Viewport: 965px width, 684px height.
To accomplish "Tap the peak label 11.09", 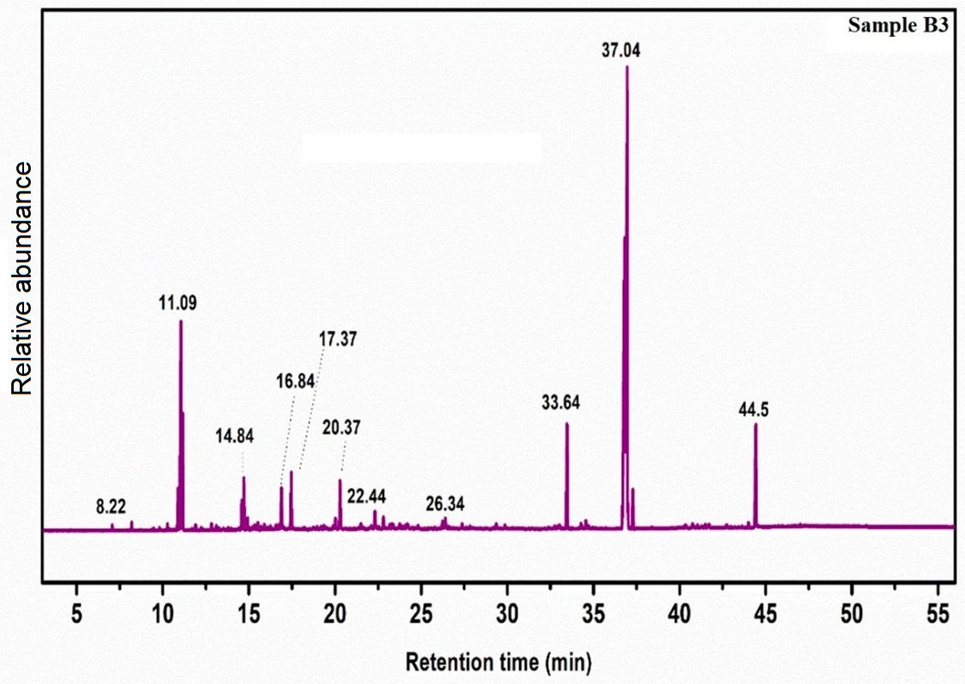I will pyautogui.click(x=178, y=303).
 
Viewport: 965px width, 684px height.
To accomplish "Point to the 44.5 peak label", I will pyautogui.click(x=754, y=410).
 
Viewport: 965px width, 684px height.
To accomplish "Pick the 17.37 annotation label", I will pyautogui.click(x=338, y=340).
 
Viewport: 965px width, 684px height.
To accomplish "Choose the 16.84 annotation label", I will pyautogui.click(x=296, y=382).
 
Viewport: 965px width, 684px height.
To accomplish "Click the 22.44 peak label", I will pyautogui.click(x=366, y=497).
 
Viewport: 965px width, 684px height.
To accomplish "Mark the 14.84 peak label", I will pyautogui.click(x=235, y=437).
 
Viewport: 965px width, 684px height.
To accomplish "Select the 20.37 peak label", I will pyautogui.click(x=342, y=428).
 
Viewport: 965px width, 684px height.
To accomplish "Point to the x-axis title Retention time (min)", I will pyautogui.click(x=499, y=662).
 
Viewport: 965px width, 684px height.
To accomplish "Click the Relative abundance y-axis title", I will pyautogui.click(x=22, y=279).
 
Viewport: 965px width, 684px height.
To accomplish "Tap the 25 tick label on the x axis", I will pyautogui.click(x=421, y=615).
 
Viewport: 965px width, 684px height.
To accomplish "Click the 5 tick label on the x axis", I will pyautogui.click(x=76, y=615).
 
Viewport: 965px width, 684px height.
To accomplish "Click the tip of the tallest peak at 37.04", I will pyautogui.click(x=627, y=67).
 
